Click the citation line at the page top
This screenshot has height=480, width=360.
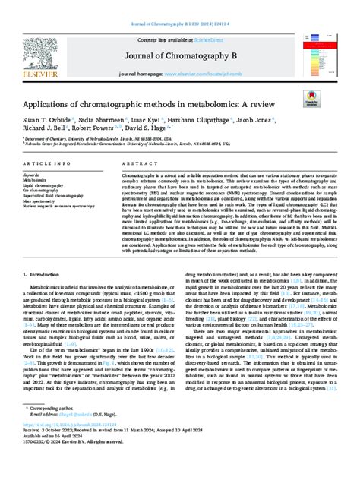click(x=180, y=6)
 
